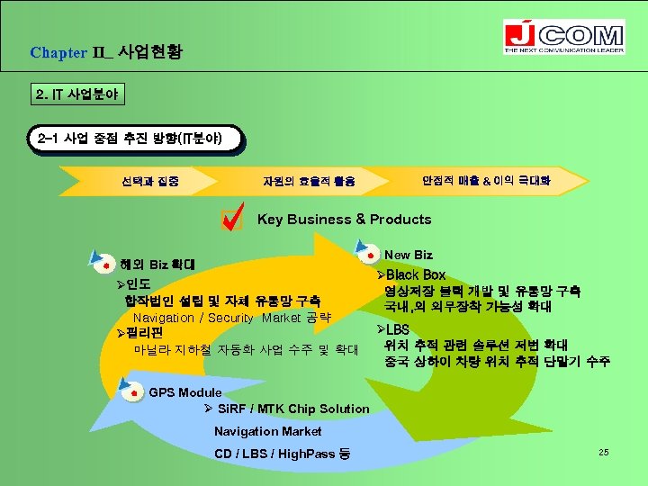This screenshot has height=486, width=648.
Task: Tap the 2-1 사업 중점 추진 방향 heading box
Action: [x=136, y=140]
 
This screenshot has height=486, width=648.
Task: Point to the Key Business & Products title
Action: [x=344, y=219]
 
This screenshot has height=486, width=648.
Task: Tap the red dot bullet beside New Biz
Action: [x=370, y=251]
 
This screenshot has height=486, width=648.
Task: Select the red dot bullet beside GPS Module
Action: [x=133, y=393]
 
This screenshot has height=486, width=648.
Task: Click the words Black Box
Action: [x=415, y=274]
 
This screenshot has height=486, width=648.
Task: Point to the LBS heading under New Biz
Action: [x=397, y=330]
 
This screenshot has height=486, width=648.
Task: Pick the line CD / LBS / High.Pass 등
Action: [x=283, y=453]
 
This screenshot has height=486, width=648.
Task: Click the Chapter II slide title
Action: [x=106, y=52]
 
